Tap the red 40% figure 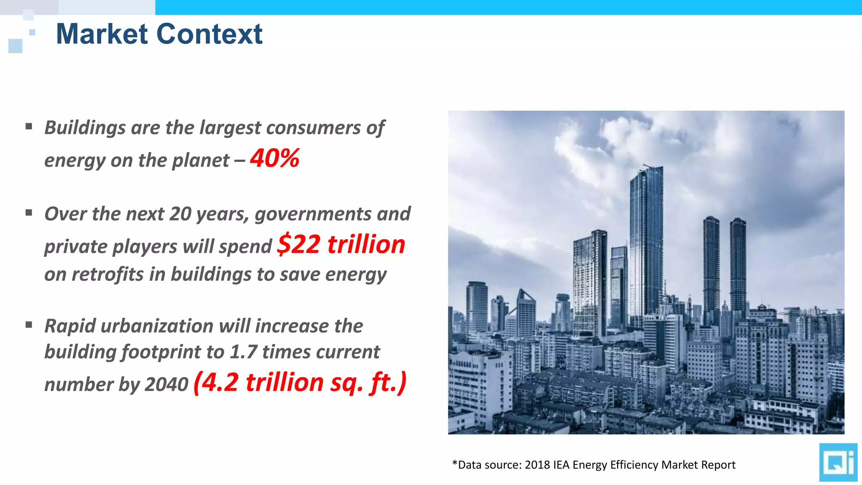pyautogui.click(x=274, y=158)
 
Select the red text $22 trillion pyautogui.click(x=341, y=244)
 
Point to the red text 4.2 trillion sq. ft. pyautogui.click(x=300, y=382)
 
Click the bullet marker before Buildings pyautogui.click(x=29, y=126)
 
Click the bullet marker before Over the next pyautogui.click(x=29, y=213)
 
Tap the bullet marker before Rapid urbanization pyautogui.click(x=29, y=325)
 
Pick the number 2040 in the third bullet pyautogui.click(x=166, y=384)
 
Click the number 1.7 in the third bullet pyautogui.click(x=243, y=352)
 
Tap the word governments pyautogui.click(x=313, y=214)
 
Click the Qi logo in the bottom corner pyautogui.click(x=838, y=462)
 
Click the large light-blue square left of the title pyautogui.click(x=15, y=46)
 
